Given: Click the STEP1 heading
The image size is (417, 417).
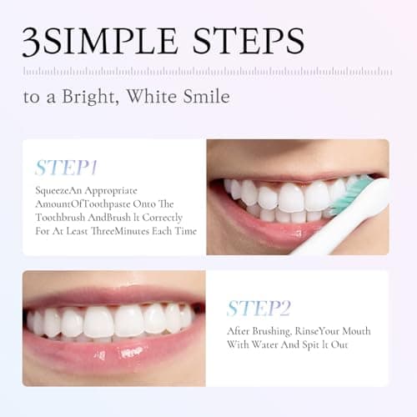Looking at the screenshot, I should click(x=68, y=167).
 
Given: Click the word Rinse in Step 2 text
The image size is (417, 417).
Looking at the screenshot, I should click(x=309, y=330).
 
